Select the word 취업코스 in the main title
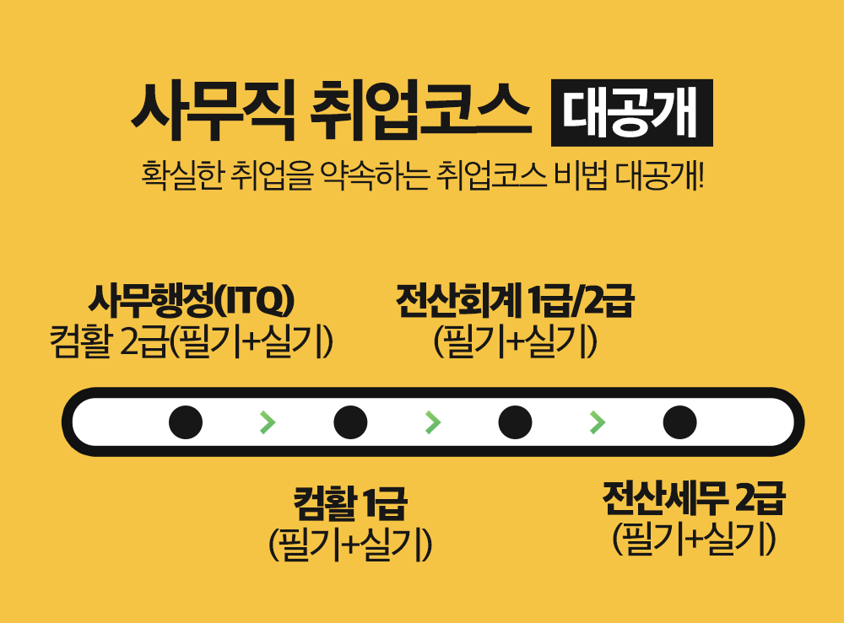coord(421,112)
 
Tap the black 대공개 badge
coord(631,113)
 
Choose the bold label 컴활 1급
coord(349,504)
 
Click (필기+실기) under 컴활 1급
coord(349,544)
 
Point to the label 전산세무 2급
coord(693,499)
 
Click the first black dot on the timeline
coord(186,422)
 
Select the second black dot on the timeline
coord(350,422)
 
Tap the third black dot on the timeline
coord(515,422)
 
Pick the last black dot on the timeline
coord(679,422)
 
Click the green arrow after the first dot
coord(268,422)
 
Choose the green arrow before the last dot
coord(598,422)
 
